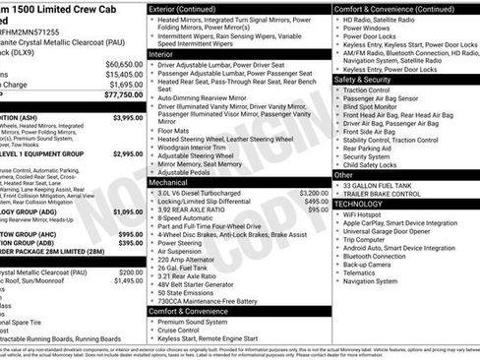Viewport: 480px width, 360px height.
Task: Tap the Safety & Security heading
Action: (x=369, y=80)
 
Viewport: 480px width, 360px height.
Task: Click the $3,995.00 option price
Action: (x=128, y=117)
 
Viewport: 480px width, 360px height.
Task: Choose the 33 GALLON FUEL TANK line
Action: (x=378, y=185)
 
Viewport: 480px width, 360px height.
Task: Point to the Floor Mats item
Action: (x=173, y=129)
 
